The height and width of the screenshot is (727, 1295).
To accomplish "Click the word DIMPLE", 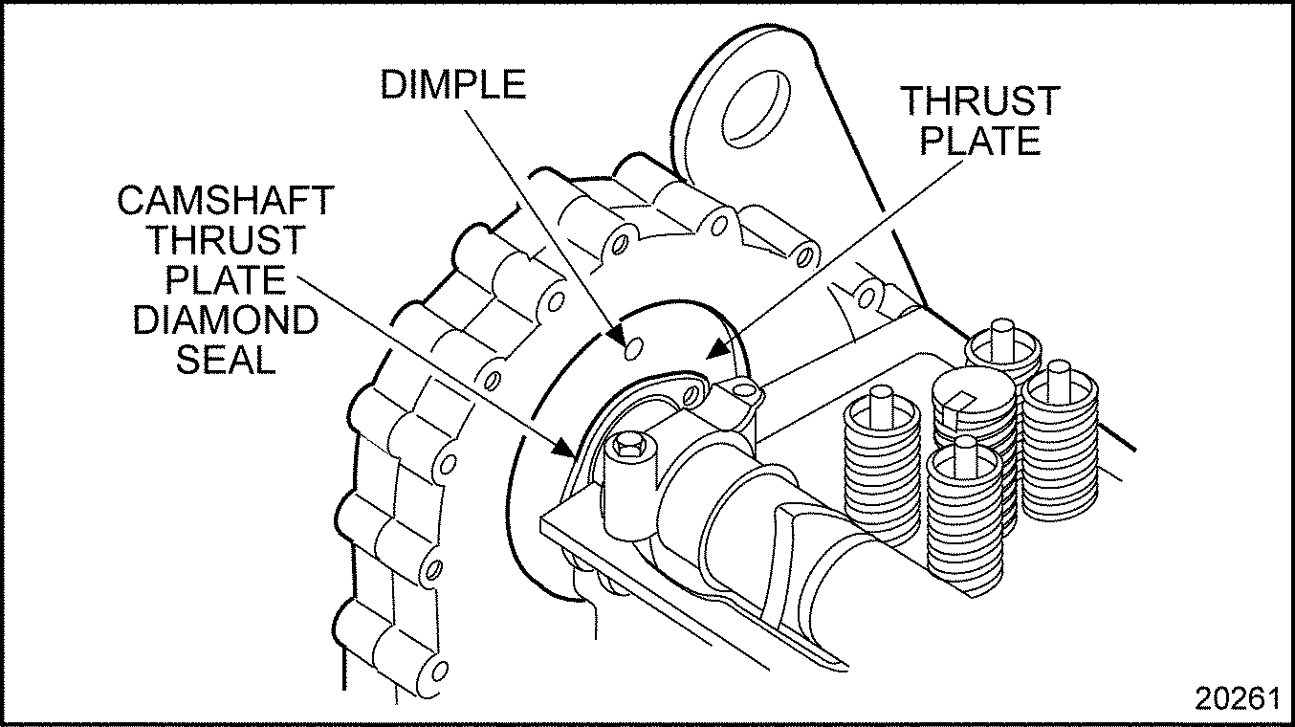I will tap(452, 84).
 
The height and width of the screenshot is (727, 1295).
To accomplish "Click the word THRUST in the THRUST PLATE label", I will tap(981, 100).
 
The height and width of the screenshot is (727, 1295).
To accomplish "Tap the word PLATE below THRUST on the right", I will tap(981, 141).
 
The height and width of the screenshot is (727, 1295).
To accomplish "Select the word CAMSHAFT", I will tap(226, 201).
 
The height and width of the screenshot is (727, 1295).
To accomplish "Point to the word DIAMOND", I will tap(226, 320).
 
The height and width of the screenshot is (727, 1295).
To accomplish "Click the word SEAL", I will tap(226, 361).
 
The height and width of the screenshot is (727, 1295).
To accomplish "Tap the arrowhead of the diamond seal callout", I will tap(567, 450).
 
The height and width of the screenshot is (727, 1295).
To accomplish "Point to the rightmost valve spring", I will tap(1058, 440).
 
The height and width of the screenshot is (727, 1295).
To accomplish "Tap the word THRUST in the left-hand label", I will tap(226, 241).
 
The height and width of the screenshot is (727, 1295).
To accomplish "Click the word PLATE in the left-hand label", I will tap(226, 281).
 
